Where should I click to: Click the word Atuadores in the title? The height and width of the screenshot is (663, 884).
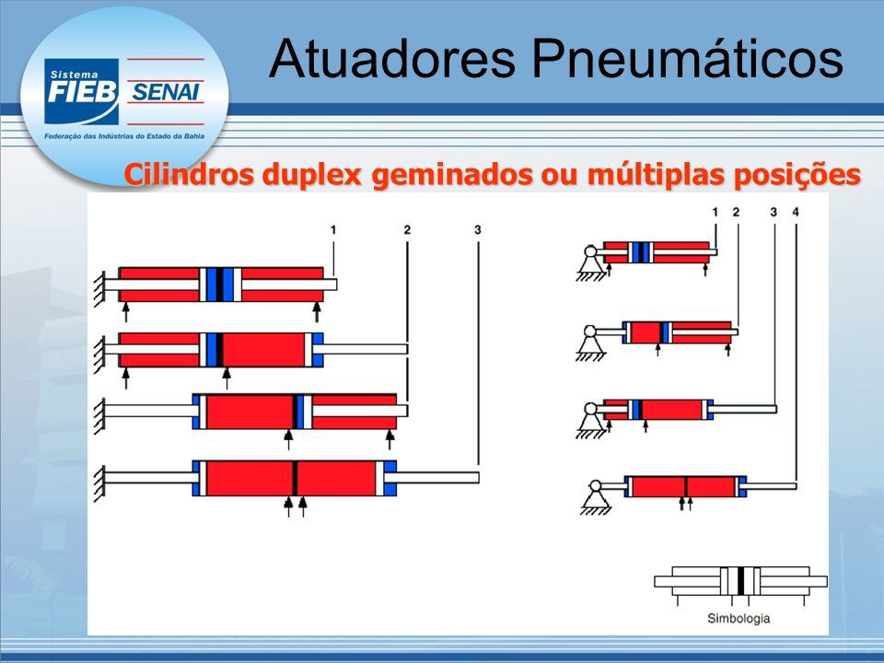[392, 59]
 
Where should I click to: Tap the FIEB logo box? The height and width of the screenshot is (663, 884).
[82, 91]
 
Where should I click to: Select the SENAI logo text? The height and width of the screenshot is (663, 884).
[165, 92]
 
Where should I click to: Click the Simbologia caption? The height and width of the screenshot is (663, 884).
[739, 619]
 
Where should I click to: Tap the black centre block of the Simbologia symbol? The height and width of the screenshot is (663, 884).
[740, 581]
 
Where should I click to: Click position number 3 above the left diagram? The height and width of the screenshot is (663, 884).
[478, 230]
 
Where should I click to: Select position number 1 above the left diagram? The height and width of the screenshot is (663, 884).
[333, 230]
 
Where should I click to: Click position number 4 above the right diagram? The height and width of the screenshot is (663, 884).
[796, 212]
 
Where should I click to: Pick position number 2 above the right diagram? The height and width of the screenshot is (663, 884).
[736, 212]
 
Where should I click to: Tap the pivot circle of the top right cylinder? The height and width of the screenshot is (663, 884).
[591, 250]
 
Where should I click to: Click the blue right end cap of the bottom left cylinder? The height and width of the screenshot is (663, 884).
[390, 478]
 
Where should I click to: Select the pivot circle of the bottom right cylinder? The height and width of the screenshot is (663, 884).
[595, 486]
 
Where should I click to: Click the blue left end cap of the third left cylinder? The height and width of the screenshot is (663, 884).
[196, 412]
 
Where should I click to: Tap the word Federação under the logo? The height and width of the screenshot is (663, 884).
[59, 136]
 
